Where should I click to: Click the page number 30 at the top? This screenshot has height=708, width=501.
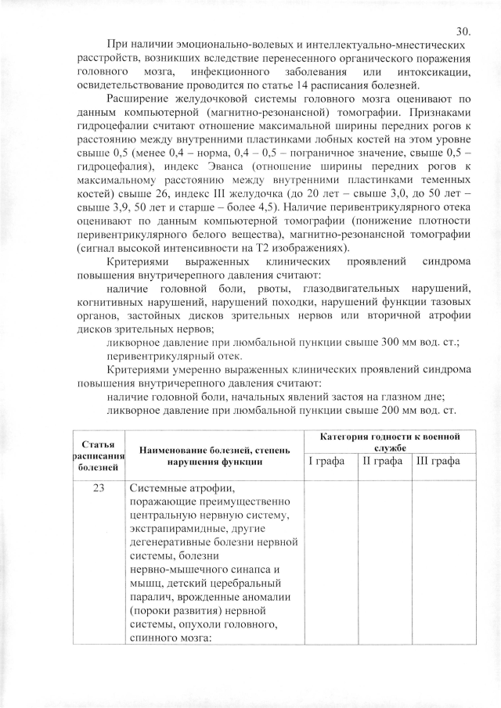click(x=462, y=32)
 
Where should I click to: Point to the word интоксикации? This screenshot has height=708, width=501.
click(x=431, y=71)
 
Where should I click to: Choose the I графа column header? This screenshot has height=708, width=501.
click(x=326, y=461)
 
